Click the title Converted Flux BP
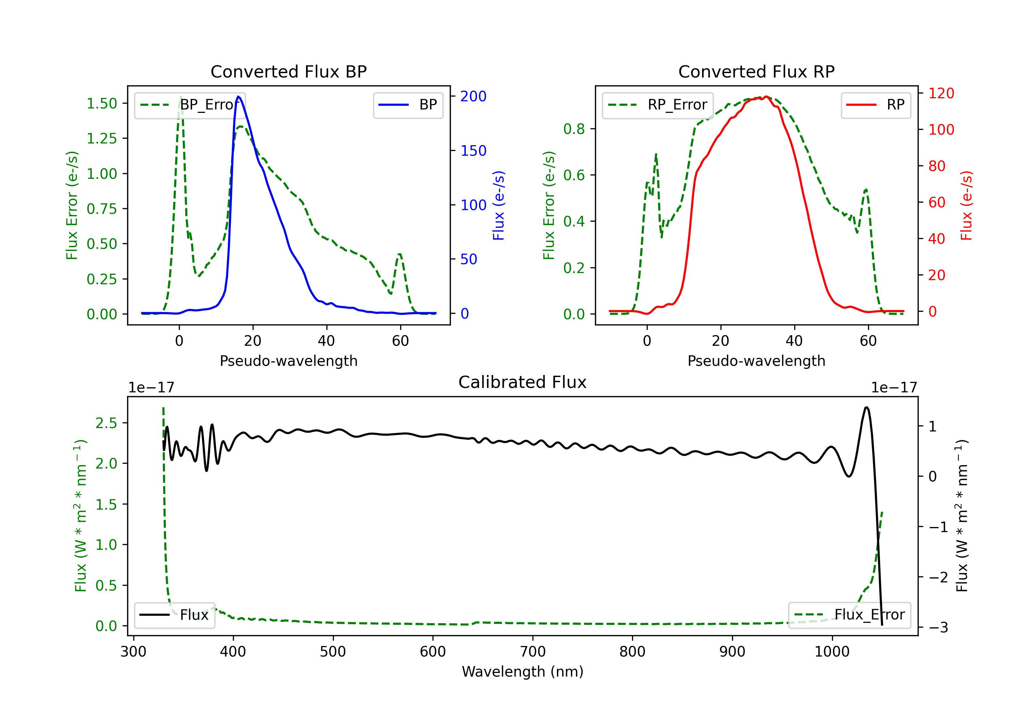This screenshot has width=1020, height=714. [x=288, y=71]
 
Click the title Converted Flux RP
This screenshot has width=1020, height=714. [x=756, y=71]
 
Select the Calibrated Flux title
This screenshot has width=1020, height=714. [x=523, y=382]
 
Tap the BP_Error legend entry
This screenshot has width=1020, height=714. [x=190, y=105]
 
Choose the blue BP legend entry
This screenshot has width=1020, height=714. [x=408, y=105]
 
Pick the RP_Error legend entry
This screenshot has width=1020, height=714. [x=658, y=105]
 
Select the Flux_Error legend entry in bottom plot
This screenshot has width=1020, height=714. [x=849, y=615]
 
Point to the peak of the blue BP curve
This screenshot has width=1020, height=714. [x=239, y=97]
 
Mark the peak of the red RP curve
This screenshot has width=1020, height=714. [x=767, y=97]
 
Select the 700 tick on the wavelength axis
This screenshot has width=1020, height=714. [x=533, y=652]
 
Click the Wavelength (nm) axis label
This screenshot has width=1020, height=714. [x=523, y=672]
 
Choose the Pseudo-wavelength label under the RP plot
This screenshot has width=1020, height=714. [x=756, y=361]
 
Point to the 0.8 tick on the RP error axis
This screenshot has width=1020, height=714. [x=574, y=129]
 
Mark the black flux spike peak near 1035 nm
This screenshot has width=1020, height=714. [x=867, y=407]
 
